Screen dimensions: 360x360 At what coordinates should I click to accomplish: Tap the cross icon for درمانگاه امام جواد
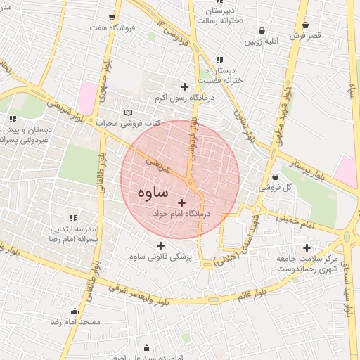pyautogui.click(x=182, y=202)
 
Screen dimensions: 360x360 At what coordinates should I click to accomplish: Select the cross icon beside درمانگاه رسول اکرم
pyautogui.click(x=184, y=87)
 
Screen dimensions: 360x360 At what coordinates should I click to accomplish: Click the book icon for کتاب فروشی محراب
pyautogui.click(x=127, y=112)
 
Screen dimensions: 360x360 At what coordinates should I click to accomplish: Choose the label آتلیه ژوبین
pyautogui.click(x=262, y=41)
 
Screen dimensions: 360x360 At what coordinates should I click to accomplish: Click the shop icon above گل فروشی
pyautogui.click(x=274, y=176)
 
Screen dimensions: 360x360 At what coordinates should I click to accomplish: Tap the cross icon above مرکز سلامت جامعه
pyautogui.click(x=307, y=247)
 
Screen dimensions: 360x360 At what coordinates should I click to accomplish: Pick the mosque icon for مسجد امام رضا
pyautogui.click(x=75, y=311)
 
